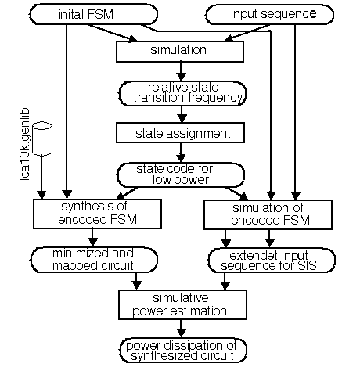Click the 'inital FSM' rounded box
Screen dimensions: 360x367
[x=94, y=14]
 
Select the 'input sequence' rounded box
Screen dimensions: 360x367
[x=270, y=14]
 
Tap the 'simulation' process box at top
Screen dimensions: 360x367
[x=180, y=52]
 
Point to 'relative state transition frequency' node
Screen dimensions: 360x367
[x=182, y=93]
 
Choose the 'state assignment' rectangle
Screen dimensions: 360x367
[x=180, y=133]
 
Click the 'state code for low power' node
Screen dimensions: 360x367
[x=181, y=175]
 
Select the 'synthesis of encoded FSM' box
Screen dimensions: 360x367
[x=97, y=214]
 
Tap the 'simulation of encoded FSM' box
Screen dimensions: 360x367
[x=268, y=214]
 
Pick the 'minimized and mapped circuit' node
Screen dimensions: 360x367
[x=94, y=260]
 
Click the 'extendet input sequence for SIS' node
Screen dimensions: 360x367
[x=272, y=261]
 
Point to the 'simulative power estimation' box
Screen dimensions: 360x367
[x=182, y=304]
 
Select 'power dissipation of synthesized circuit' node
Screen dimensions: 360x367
[x=183, y=351]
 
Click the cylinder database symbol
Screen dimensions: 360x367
[x=42, y=139]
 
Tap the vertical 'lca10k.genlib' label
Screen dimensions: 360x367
[x=25, y=144]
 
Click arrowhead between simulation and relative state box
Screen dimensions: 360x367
[x=181, y=77]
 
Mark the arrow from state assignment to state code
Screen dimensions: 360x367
[x=181, y=153]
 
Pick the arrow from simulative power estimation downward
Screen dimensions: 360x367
[x=181, y=329]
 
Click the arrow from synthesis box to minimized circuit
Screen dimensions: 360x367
[x=92, y=238]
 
